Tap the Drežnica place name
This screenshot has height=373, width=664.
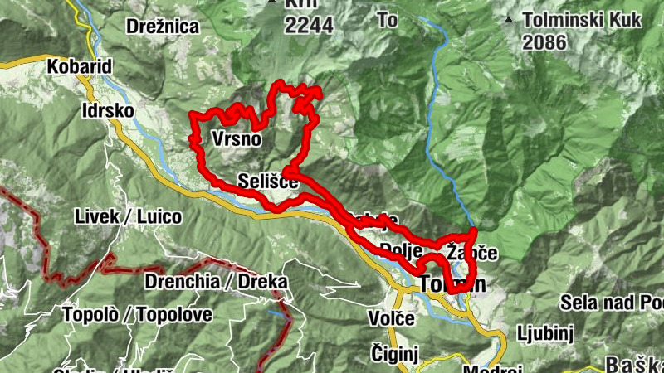point(163,27)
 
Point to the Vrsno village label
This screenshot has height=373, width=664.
point(237,138)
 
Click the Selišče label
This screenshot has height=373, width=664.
point(267,180)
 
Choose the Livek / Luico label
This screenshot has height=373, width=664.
point(128,217)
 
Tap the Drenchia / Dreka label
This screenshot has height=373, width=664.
point(216,281)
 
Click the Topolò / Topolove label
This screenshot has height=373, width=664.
point(137,314)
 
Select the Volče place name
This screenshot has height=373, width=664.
point(390,318)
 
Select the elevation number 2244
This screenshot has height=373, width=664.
point(309,26)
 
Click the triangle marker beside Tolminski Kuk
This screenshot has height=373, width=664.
point(508,18)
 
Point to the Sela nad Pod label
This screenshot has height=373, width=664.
point(612,301)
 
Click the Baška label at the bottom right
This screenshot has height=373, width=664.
point(633,364)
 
